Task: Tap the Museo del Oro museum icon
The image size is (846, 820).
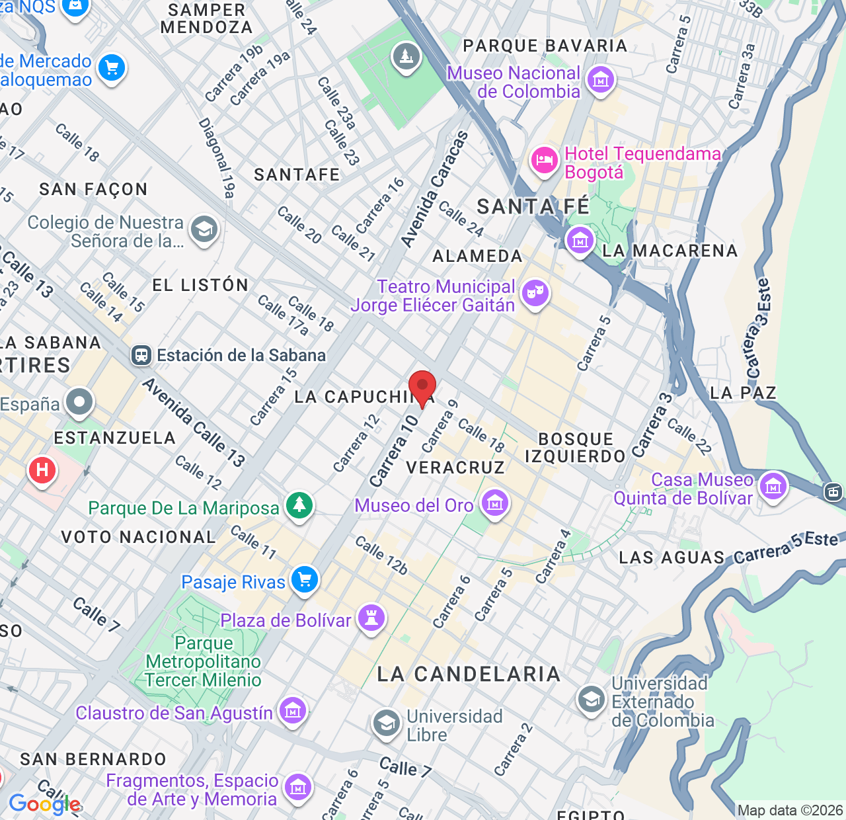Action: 495,504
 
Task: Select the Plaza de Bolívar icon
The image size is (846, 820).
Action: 371,619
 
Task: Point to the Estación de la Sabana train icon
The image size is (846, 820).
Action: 141,355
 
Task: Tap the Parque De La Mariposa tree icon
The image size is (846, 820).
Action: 299,506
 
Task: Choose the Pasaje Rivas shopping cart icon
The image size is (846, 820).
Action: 305,581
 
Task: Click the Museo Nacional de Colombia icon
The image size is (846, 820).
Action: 601,81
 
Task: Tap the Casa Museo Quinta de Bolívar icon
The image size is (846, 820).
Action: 773,487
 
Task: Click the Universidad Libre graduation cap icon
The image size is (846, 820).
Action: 386,724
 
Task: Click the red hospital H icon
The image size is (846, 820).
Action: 42,471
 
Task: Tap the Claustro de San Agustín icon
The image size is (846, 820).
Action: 292,712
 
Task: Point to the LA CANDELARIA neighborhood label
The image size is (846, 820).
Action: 469,674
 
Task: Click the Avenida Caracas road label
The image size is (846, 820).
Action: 435,190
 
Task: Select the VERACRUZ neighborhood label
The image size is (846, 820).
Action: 455,468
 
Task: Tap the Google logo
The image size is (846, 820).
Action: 45,804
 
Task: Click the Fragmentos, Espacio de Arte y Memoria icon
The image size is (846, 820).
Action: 298,788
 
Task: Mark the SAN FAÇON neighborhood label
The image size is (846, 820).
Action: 93,189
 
